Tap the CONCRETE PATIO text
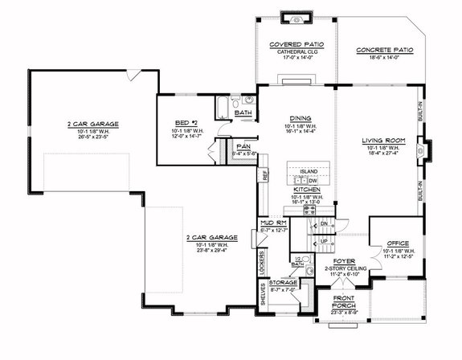click(x=384, y=50)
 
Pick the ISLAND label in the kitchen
click(x=308, y=172)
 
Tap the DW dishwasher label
click(x=314, y=181)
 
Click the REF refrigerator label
click(x=263, y=174)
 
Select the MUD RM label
click(x=269, y=223)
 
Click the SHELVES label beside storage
click(x=263, y=297)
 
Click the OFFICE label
click(x=399, y=243)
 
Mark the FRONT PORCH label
click(x=345, y=302)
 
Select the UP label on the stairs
click(x=324, y=241)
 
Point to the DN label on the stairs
click(x=323, y=224)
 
